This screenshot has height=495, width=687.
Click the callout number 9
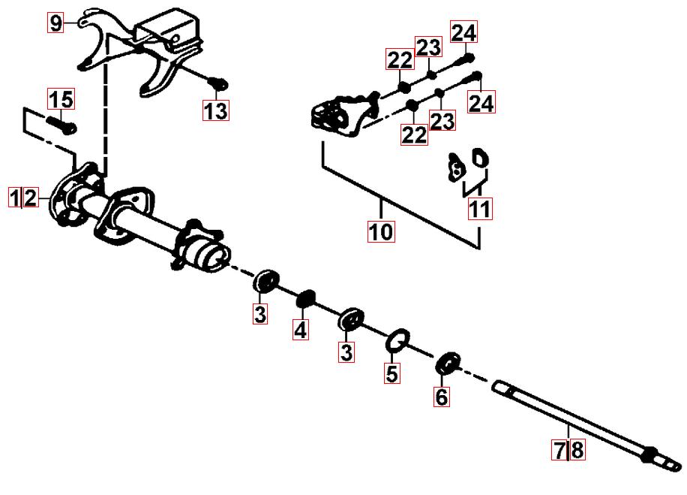[x=55, y=23]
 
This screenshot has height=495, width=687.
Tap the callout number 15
[x=61, y=99]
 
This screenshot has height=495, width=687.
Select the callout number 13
[x=215, y=110]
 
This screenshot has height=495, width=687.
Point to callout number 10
[x=381, y=231]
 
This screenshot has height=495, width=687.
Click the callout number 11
[x=480, y=209]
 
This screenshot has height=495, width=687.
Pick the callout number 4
[x=301, y=330]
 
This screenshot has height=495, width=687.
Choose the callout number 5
[x=392, y=373]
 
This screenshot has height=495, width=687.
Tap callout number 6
[x=442, y=397]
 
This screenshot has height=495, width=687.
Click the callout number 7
[x=559, y=450]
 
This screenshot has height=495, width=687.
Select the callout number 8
[x=577, y=450]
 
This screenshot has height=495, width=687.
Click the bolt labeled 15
[x=61, y=125]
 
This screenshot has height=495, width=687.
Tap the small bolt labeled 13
[x=217, y=83]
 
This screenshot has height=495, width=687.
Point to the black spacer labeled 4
[x=306, y=298]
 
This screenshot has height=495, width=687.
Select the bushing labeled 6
[x=448, y=364]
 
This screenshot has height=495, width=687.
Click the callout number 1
[x=15, y=198]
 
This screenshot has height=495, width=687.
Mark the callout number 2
[x=30, y=198]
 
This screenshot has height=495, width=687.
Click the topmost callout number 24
[x=463, y=33]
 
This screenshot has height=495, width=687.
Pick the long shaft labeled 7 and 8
[x=587, y=424]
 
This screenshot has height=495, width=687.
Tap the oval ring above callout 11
[x=481, y=158]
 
